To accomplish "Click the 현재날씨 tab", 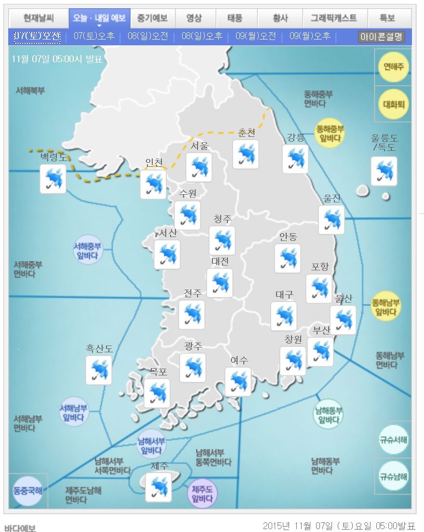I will point(39,18).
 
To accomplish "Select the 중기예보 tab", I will point(152,18).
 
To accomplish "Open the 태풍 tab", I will point(235,18).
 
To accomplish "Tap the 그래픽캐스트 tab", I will point(333,18).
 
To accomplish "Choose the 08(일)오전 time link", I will point(148,36).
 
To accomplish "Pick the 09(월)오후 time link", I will point(310,36).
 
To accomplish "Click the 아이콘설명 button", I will point(381,36).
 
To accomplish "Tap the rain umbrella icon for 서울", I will point(199,167).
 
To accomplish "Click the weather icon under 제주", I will point(159,487).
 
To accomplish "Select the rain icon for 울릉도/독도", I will point(384,171).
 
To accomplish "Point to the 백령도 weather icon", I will point(53,179).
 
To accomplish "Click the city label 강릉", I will point(295,137).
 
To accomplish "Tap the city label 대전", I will point(220,261).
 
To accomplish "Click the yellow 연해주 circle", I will point(393,66).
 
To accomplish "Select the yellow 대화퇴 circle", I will point(393,103).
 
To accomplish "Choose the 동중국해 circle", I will point(27,491).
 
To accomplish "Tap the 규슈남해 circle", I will point(393,476).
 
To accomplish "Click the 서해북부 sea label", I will point(30,91).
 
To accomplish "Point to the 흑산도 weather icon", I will point(99,370).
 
